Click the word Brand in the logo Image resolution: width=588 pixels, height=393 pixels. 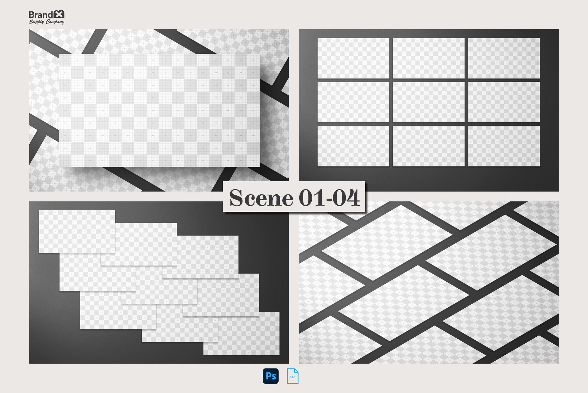(x=41, y=15)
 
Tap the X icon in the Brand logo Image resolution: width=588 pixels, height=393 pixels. (x=59, y=14)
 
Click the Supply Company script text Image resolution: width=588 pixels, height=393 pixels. (x=46, y=22)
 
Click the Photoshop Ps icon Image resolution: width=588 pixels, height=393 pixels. (x=270, y=376)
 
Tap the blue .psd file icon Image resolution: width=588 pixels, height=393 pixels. (x=292, y=376)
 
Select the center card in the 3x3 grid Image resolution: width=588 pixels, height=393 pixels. (x=428, y=102)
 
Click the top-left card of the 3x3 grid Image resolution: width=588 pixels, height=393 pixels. (x=353, y=58)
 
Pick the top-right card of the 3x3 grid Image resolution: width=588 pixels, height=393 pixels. (x=504, y=58)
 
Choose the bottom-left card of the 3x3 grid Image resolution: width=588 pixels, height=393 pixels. (x=353, y=146)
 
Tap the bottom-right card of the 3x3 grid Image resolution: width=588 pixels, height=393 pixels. (x=504, y=146)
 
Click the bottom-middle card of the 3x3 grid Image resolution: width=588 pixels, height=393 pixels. (x=428, y=146)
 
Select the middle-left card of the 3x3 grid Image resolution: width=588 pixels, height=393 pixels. (x=353, y=102)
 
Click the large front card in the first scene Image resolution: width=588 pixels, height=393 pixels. (x=159, y=110)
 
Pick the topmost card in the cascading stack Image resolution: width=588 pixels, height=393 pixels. (x=77, y=231)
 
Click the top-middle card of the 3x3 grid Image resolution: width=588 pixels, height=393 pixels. (x=428, y=58)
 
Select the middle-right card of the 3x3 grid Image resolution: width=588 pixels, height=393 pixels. (x=504, y=102)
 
